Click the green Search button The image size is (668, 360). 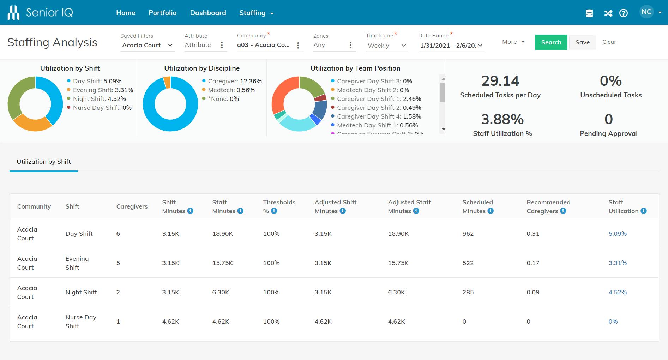click(x=551, y=42)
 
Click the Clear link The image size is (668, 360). click(x=609, y=42)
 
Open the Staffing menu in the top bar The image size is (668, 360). click(x=256, y=13)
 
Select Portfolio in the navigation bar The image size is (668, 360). click(x=162, y=13)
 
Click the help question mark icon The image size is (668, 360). click(x=624, y=13)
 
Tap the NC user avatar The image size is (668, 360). click(x=646, y=12)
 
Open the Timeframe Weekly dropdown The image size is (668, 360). click(x=387, y=46)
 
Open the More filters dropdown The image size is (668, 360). click(x=513, y=42)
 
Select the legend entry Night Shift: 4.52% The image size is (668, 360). click(x=99, y=99)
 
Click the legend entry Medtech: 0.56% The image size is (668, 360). click(x=231, y=90)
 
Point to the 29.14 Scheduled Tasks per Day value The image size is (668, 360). click(x=500, y=81)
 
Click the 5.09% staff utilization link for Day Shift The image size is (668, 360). click(x=617, y=234)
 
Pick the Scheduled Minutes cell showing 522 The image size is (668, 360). click(x=468, y=263)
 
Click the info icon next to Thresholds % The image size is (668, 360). click(x=274, y=211)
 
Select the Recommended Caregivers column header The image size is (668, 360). click(x=548, y=206)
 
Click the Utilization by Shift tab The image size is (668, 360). click(x=44, y=162)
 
